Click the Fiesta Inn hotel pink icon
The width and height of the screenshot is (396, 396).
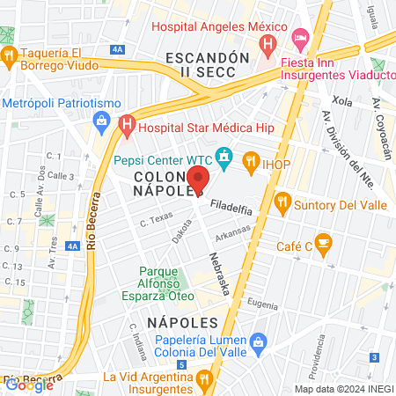(x=300, y=38)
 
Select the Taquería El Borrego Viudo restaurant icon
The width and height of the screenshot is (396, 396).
(x=10, y=56)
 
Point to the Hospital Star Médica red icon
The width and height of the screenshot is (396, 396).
(x=126, y=125)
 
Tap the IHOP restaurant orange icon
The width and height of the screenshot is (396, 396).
(x=252, y=160)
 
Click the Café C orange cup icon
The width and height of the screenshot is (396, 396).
(x=323, y=240)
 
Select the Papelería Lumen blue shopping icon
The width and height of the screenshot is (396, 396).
(x=258, y=341)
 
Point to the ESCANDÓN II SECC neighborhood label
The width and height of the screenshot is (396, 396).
(x=202, y=66)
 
